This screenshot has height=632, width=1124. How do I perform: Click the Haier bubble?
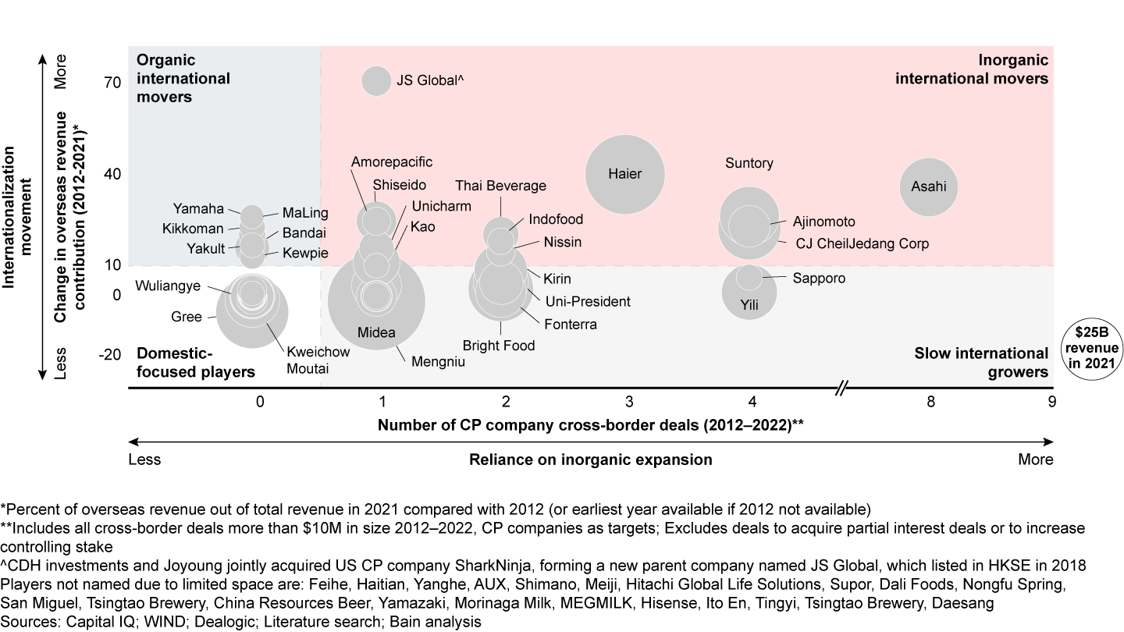coord(625,174)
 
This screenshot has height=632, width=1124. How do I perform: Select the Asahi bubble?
coord(929,186)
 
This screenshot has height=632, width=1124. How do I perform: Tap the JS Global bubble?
coord(376,80)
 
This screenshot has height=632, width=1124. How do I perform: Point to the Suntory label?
coord(749,163)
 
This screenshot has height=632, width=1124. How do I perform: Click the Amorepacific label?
coord(392,162)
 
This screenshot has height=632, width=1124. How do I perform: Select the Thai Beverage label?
coord(500,186)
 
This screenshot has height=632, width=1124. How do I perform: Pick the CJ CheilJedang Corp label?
coord(862,244)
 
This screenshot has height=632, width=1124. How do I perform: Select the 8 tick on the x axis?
coord(930,402)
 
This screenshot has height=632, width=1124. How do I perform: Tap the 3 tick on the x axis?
coord(629,402)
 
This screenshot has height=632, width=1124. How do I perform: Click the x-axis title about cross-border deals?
coord(590,425)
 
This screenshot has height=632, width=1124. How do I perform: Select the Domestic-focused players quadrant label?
coord(196,363)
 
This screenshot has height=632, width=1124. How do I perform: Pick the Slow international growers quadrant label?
coord(981,363)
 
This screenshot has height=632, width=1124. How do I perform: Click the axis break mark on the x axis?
coord(841,388)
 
